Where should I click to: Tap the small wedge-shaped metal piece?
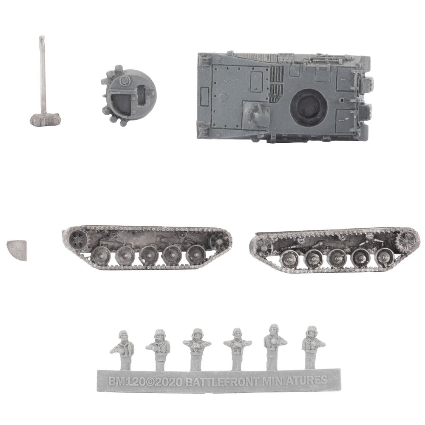point(17,250)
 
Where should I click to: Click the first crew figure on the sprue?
point(122,350)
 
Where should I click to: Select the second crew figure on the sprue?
point(159,349)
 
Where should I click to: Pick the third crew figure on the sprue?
point(197,348)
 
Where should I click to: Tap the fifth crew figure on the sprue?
point(274,346)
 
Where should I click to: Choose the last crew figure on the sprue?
point(313,347)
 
